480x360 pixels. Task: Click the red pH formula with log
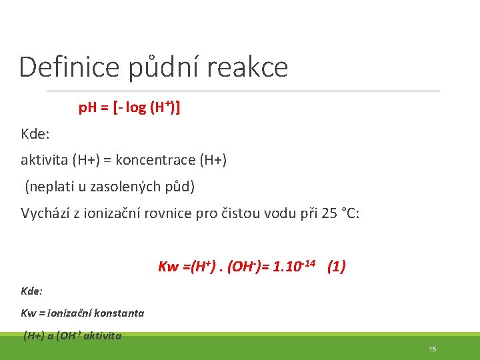pyautogui.click(x=129, y=107)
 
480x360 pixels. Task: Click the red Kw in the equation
pyautogui.click(x=168, y=267)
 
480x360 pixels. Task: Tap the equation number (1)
pyautogui.click(x=336, y=267)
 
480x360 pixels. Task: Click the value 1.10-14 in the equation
pyautogui.click(x=295, y=267)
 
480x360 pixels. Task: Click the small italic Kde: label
pyautogui.click(x=32, y=291)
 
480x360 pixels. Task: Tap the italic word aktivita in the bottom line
pyautogui.click(x=102, y=336)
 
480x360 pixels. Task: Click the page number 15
pyautogui.click(x=433, y=349)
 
